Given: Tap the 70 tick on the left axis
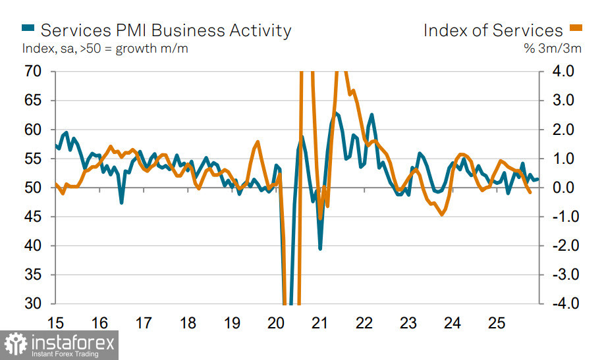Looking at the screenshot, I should [x=32, y=71].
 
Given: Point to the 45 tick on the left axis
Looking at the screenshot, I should [x=32, y=217].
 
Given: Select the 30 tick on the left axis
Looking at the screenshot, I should [x=32, y=303].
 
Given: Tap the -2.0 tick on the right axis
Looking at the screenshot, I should [x=561, y=245].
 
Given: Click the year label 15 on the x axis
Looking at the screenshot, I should [x=55, y=324].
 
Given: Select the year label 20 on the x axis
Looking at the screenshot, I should [x=276, y=324].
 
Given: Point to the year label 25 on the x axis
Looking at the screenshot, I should [x=497, y=324].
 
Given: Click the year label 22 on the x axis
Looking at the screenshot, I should [x=364, y=324].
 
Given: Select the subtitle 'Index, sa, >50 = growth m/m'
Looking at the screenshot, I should [x=105, y=49].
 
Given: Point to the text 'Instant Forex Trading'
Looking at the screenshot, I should [x=65, y=354].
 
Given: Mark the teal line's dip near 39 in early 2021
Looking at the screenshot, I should [x=320, y=248].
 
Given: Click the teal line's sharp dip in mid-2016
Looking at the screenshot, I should [x=122, y=202].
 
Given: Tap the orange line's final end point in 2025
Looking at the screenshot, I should [x=531, y=192].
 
